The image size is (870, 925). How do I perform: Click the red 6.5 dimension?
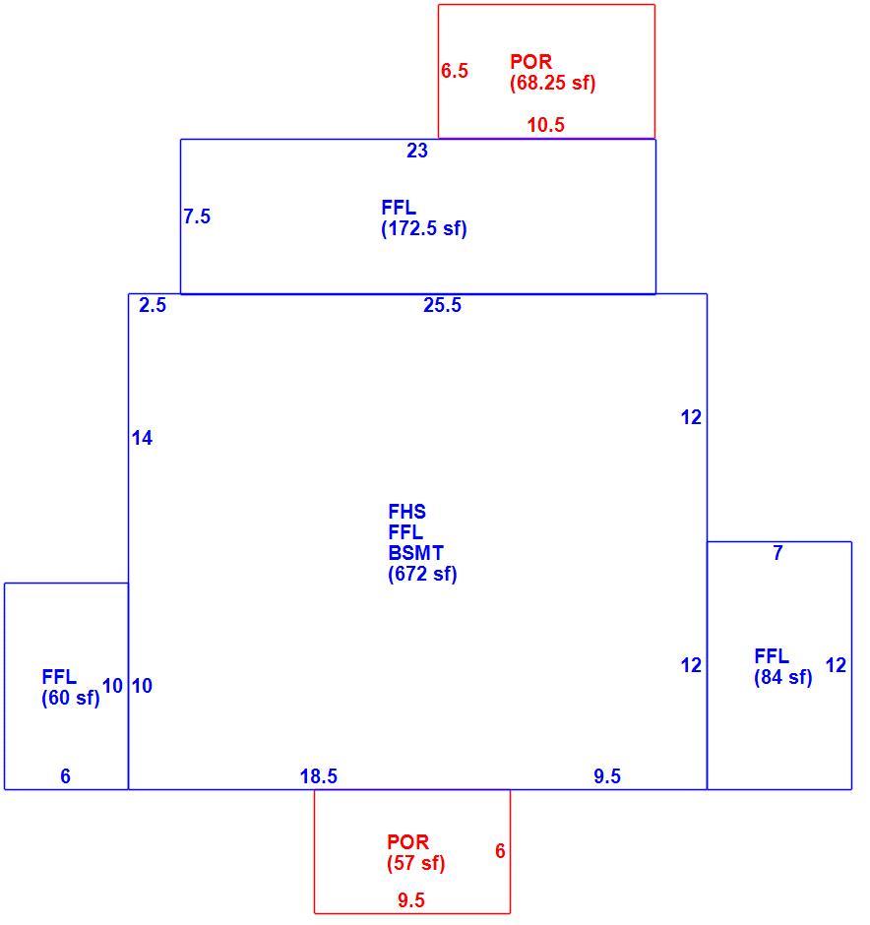pos(454,71)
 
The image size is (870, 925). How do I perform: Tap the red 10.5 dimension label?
pos(545,125)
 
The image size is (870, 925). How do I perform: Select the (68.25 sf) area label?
pos(553,83)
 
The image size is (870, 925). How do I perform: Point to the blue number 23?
pos(417,151)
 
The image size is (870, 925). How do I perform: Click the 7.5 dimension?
pos(197,216)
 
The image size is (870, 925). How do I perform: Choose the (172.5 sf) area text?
pos(424,228)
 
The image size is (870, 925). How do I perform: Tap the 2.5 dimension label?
pos(153,305)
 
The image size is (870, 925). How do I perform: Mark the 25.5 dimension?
pos(442,305)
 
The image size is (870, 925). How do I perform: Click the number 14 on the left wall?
pos(142,438)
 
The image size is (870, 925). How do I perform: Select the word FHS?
pos(407,512)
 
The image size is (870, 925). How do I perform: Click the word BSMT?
pos(416,553)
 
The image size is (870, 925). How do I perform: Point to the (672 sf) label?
pos(422,574)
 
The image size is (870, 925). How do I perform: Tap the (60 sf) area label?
pos(71,698)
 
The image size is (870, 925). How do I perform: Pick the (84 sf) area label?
pos(783,677)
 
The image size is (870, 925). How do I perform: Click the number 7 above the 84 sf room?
pos(778,553)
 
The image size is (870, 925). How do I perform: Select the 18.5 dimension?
pos(319,776)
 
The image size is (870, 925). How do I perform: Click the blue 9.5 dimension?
pos(607,776)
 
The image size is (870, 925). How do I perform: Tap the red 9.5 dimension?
pos(411,900)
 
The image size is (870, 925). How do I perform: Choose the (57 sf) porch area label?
pos(416,863)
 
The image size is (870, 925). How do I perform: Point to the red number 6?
pos(500,850)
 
